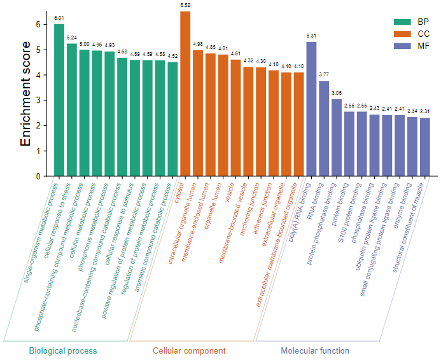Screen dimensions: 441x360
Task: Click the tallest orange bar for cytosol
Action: tap(185, 94)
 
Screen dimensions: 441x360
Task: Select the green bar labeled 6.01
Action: tap(59, 100)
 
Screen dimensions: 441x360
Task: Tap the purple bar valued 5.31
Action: tap(311, 109)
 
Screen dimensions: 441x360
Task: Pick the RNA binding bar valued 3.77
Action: tap(324, 128)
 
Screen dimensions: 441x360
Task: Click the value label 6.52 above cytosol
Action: tap(185, 5)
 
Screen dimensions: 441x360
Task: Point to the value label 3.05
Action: tap(337, 93)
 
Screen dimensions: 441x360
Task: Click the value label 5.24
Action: tap(72, 38)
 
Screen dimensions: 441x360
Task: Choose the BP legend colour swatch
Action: tap(402, 22)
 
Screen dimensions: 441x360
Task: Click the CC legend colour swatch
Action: tap(402, 34)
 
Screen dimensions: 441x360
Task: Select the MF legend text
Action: tap(424, 46)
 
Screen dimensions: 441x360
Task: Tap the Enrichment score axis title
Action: tap(25, 93)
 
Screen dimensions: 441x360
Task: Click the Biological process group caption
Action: tap(63, 350)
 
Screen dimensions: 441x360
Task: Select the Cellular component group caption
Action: tap(189, 350)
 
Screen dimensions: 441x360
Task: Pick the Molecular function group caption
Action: tap(315, 350)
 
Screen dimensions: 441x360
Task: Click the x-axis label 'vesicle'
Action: tap(230, 193)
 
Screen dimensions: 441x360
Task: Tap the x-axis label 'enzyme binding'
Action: tap(403, 205)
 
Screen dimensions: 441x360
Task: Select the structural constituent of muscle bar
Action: tap(425, 147)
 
